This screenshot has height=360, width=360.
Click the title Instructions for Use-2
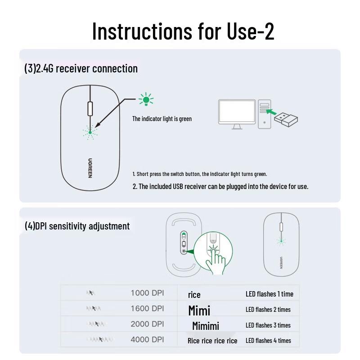tap(183, 31)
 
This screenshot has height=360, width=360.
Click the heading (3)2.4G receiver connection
tap(81, 68)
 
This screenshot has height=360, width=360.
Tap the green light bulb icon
tap(146, 99)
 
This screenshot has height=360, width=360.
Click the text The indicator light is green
tap(162, 119)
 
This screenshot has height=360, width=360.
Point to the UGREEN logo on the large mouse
tap(90, 167)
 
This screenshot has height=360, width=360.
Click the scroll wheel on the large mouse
tap(90, 109)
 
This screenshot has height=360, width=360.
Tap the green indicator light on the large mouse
tap(90, 132)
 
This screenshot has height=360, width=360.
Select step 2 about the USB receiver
tap(220, 186)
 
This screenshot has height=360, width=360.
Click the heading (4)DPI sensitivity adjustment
tap(77, 226)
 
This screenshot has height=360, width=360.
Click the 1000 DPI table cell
tap(147, 293)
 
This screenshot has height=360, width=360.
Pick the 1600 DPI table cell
tap(147, 309)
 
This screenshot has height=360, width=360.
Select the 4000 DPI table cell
tap(147, 340)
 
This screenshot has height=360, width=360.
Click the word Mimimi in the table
tap(205, 326)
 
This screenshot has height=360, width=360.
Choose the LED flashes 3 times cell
tap(268, 325)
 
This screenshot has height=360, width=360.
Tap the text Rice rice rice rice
tap(212, 341)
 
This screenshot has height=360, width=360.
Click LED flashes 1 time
tap(269, 294)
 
